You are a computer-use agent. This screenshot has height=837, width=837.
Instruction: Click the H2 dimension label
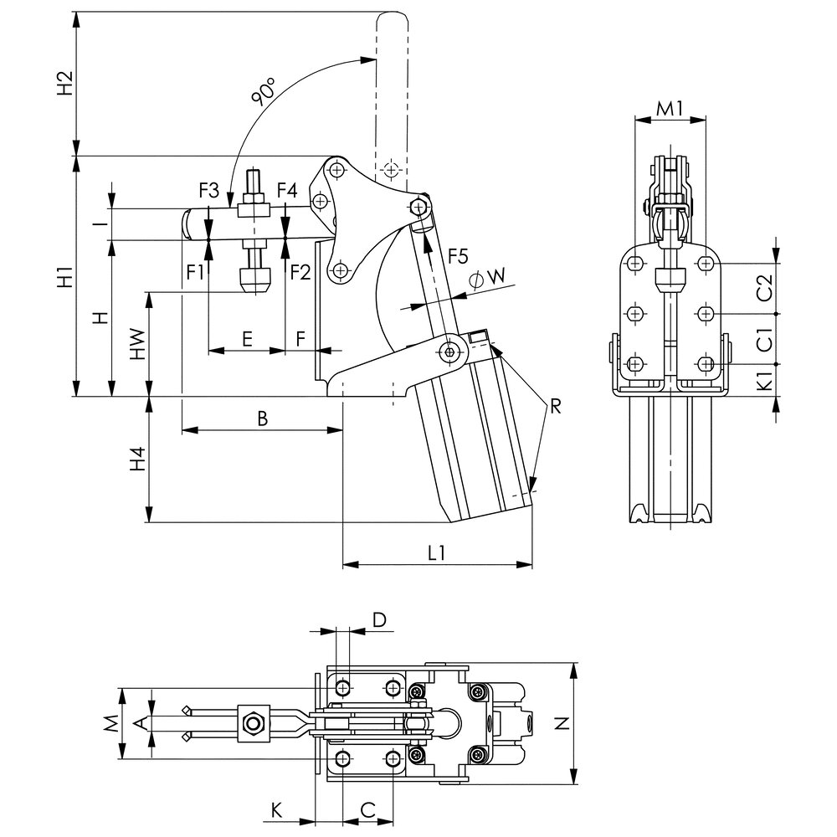tap(65, 83)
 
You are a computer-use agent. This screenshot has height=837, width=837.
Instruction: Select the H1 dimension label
tap(65, 275)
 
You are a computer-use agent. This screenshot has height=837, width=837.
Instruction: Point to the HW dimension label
tap(138, 345)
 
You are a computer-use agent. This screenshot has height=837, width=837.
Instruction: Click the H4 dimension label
tap(138, 459)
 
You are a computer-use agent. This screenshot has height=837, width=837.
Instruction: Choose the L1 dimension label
tap(436, 553)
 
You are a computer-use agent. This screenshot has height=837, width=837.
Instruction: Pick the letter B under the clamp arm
tap(262, 418)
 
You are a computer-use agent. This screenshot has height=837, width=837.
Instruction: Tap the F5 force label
tap(458, 257)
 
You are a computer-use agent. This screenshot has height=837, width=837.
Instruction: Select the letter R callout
tap(556, 408)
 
